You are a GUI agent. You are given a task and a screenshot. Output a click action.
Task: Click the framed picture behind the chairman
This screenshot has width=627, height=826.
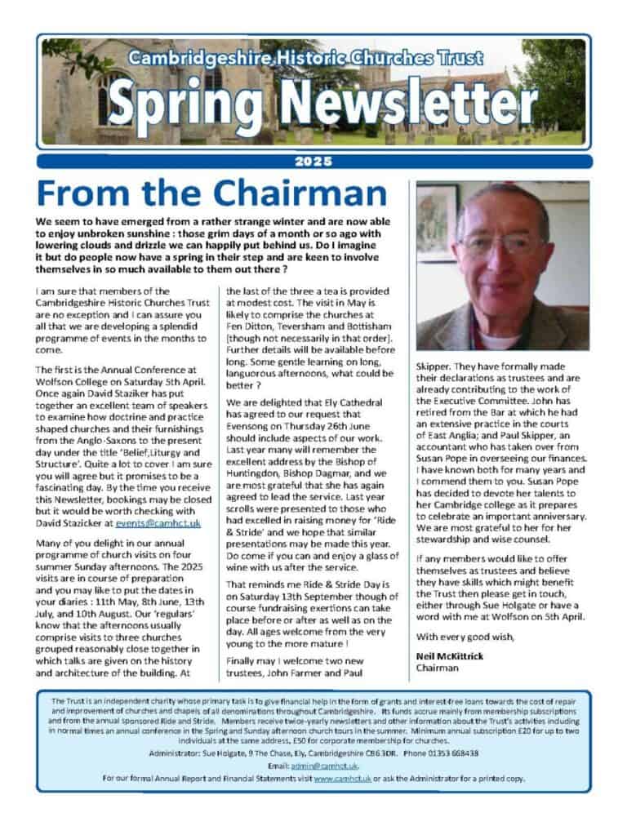point(435,221)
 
